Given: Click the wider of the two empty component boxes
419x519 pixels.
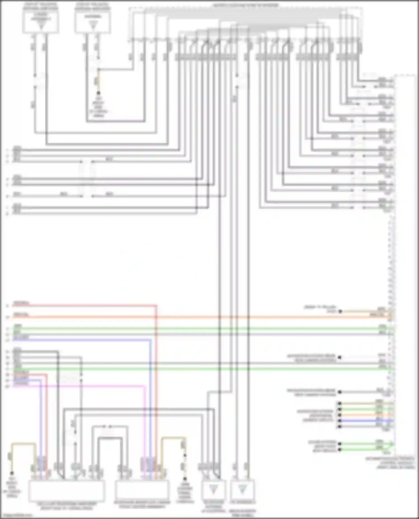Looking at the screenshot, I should (67, 491).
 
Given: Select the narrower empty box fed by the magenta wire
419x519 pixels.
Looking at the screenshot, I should (142, 490).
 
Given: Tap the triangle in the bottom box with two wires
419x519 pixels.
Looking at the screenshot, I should (242, 489).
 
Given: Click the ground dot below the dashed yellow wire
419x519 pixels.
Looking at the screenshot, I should (185, 479).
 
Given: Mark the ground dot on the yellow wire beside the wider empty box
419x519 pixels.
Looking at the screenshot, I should (12, 473).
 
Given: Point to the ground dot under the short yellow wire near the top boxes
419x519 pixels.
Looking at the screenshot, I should (98, 93).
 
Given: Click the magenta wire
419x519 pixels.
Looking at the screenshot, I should (84, 386).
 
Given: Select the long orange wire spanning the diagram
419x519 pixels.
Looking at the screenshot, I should (196, 317).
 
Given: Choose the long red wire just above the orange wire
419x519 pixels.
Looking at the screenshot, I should (84, 306).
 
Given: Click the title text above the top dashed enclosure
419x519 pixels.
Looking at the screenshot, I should (246, 5).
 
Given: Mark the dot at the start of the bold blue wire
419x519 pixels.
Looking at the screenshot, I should (339, 421).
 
